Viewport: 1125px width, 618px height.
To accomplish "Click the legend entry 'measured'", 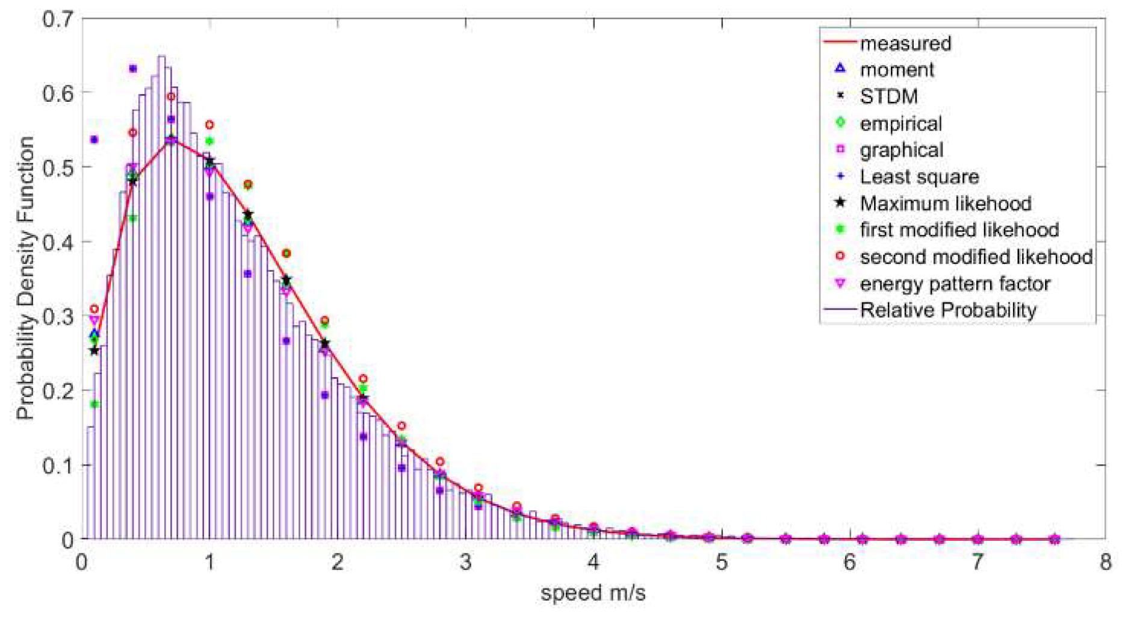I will coord(905,43).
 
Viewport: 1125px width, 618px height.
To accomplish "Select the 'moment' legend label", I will coord(897,70).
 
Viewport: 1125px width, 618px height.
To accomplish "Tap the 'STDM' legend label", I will coord(888,96).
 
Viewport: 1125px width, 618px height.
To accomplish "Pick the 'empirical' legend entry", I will coord(900,123).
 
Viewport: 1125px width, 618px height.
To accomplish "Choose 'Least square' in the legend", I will coord(919,176).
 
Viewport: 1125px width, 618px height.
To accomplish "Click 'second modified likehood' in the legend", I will coord(976,257).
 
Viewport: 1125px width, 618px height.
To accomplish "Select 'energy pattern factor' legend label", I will coord(955,283).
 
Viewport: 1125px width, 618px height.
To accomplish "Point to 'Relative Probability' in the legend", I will coord(948,310).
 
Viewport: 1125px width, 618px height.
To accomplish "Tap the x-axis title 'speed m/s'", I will coord(593,593).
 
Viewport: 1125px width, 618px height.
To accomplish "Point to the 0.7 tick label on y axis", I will coord(58,19).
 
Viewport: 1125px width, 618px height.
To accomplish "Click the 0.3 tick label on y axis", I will coord(58,316).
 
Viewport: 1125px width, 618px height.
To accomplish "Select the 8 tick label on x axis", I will coord(1105,562).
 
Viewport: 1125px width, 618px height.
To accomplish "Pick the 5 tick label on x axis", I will coord(721,562).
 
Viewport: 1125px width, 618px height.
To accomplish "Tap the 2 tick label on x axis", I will coord(337,562).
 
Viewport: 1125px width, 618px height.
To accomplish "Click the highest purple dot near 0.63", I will coord(133,69).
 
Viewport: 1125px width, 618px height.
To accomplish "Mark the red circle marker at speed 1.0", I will coord(209,125).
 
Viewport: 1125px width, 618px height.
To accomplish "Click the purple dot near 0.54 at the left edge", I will coord(94,140).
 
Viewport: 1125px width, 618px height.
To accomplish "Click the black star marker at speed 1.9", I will coord(325,343).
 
